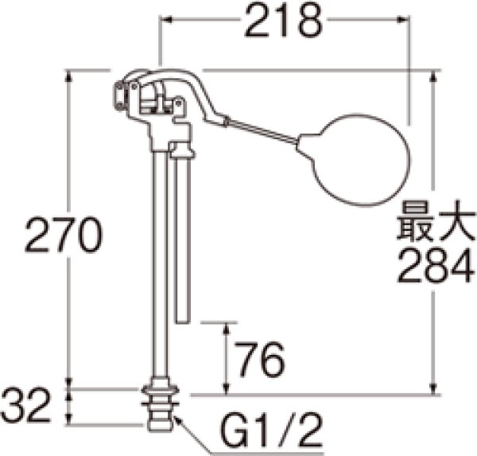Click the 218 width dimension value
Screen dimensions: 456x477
[x=284, y=24]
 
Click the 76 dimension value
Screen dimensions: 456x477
[x=259, y=362]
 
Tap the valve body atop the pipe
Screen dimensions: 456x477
[x=159, y=107]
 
